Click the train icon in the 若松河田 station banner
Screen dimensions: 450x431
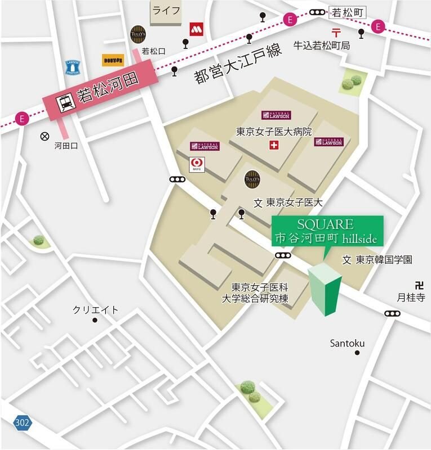[64, 103]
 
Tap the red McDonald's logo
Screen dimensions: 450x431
[195, 29]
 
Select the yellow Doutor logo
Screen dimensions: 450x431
[113, 60]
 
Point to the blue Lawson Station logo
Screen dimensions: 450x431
[73, 67]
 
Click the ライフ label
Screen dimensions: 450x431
[166, 11]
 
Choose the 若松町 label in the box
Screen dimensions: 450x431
[345, 11]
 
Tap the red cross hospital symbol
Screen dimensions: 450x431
[274, 146]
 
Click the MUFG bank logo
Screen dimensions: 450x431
[198, 164]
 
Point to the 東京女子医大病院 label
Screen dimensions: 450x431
[274, 132]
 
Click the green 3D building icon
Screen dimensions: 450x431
[325, 289]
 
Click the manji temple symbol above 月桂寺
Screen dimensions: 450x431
[418, 285]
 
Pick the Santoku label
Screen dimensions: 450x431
[347, 343]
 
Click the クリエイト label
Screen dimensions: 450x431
[96, 309]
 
